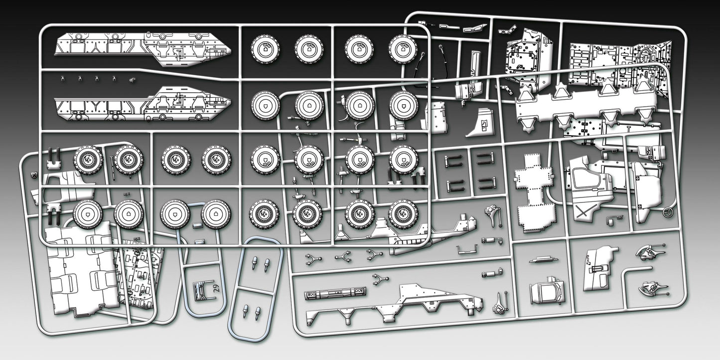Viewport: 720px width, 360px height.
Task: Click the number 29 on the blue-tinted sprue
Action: coord(215,289)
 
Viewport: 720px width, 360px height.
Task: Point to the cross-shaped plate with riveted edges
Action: coord(535,194)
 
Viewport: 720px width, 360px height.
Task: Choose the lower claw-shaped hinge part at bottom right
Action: coord(650,288)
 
